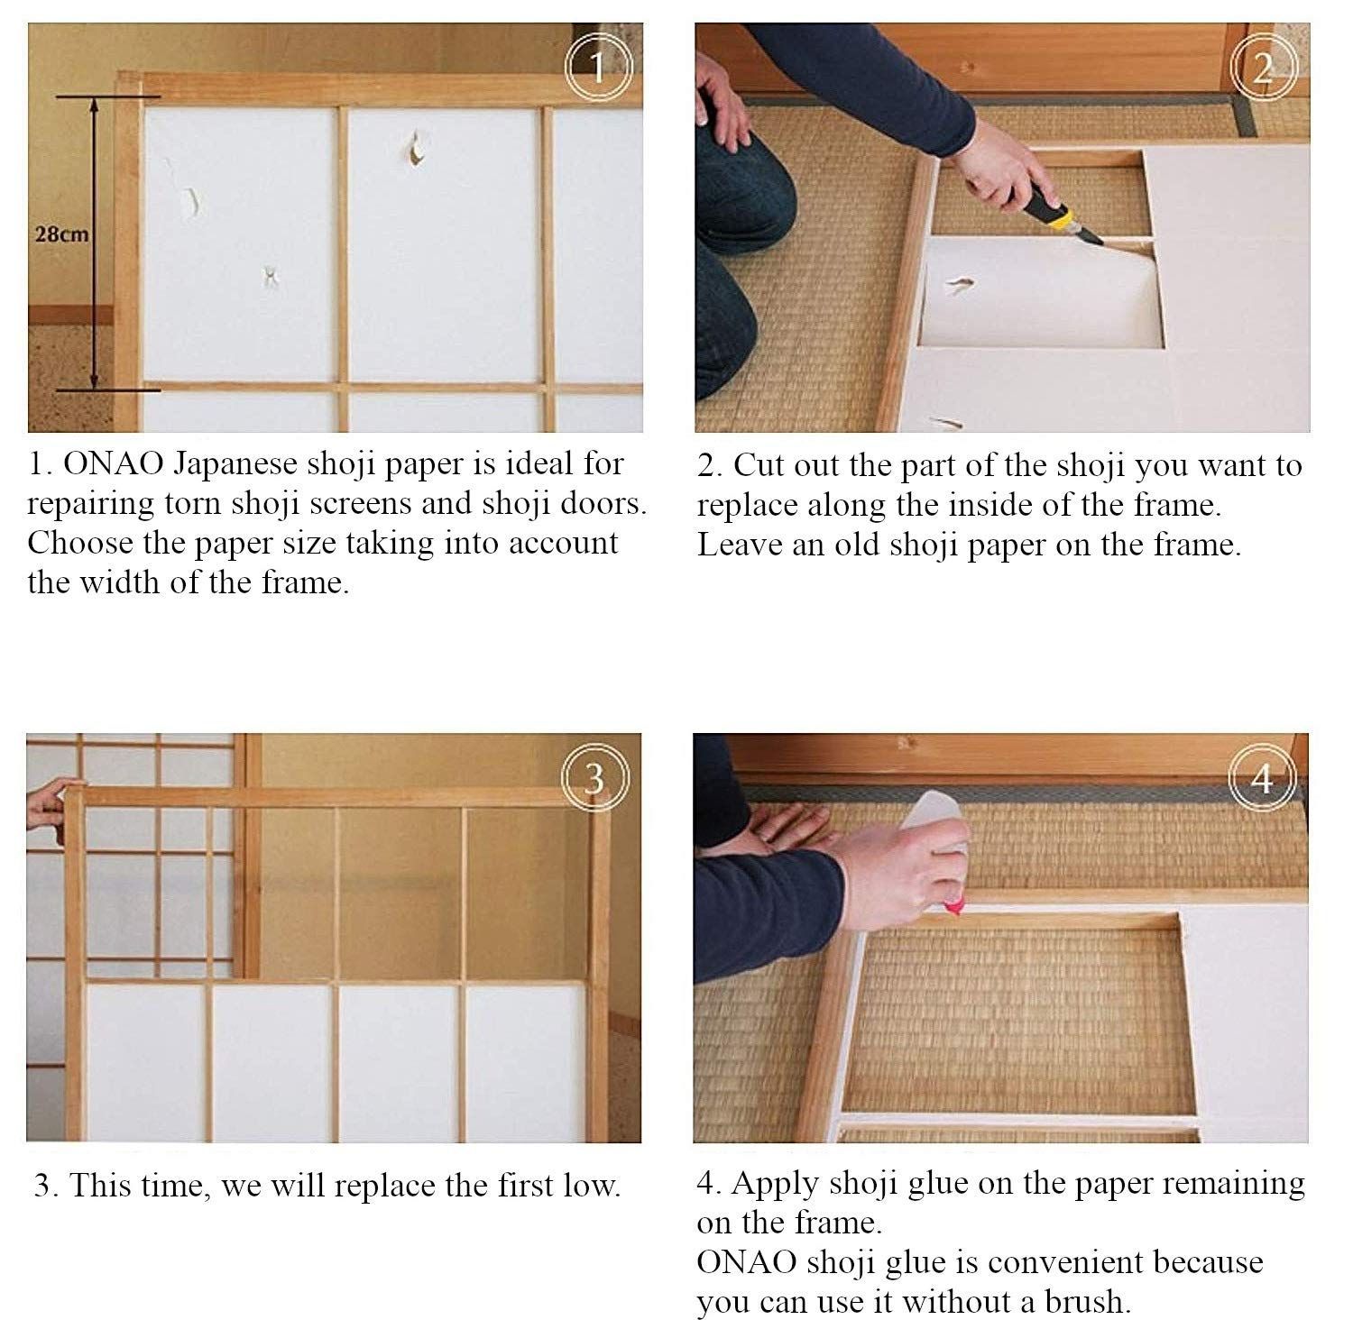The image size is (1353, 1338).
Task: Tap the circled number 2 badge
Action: click(1264, 67)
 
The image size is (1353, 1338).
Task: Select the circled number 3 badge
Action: click(594, 778)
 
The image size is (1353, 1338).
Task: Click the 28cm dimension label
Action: click(61, 234)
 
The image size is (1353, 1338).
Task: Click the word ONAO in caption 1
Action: click(114, 463)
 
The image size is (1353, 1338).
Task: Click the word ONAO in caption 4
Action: click(747, 1261)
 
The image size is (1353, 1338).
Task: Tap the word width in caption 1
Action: click(121, 582)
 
